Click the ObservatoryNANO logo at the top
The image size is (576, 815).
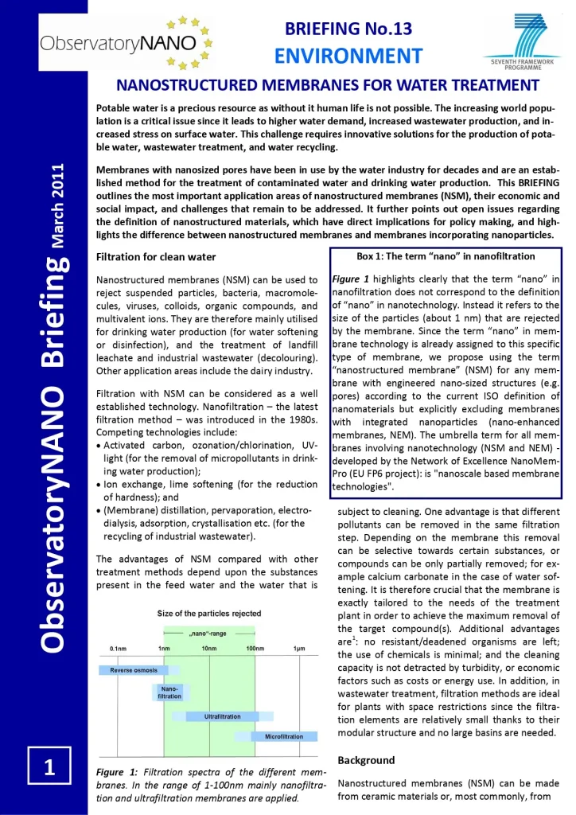point(123,40)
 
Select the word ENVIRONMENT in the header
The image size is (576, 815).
point(348,56)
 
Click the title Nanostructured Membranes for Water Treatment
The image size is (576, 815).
point(329,84)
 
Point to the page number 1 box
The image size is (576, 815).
point(49,768)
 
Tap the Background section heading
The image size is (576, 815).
point(366,760)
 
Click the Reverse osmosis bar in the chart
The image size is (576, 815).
point(134,670)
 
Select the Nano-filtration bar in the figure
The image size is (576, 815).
point(169,692)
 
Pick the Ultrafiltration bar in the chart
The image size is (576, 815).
point(224,716)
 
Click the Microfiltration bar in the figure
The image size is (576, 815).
point(278,736)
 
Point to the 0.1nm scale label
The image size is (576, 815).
point(119,649)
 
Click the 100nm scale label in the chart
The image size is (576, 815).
point(255,649)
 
